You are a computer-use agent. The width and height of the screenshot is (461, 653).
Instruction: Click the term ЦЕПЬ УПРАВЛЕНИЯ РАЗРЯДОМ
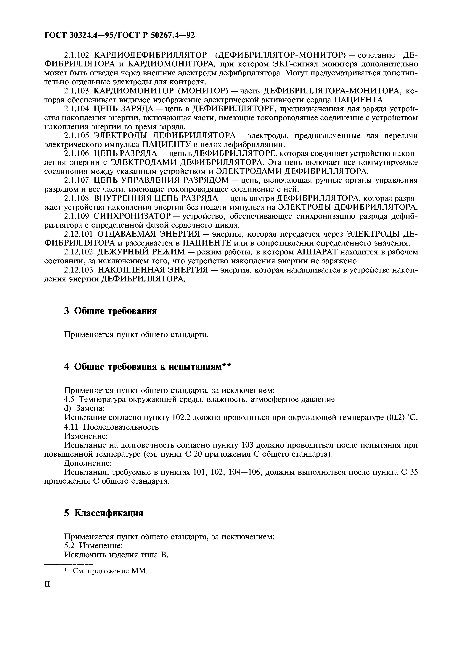point(161,180)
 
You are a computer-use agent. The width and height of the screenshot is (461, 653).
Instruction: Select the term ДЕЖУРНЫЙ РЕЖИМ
point(141,252)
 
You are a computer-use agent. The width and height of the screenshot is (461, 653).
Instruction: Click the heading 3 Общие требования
point(110,311)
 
